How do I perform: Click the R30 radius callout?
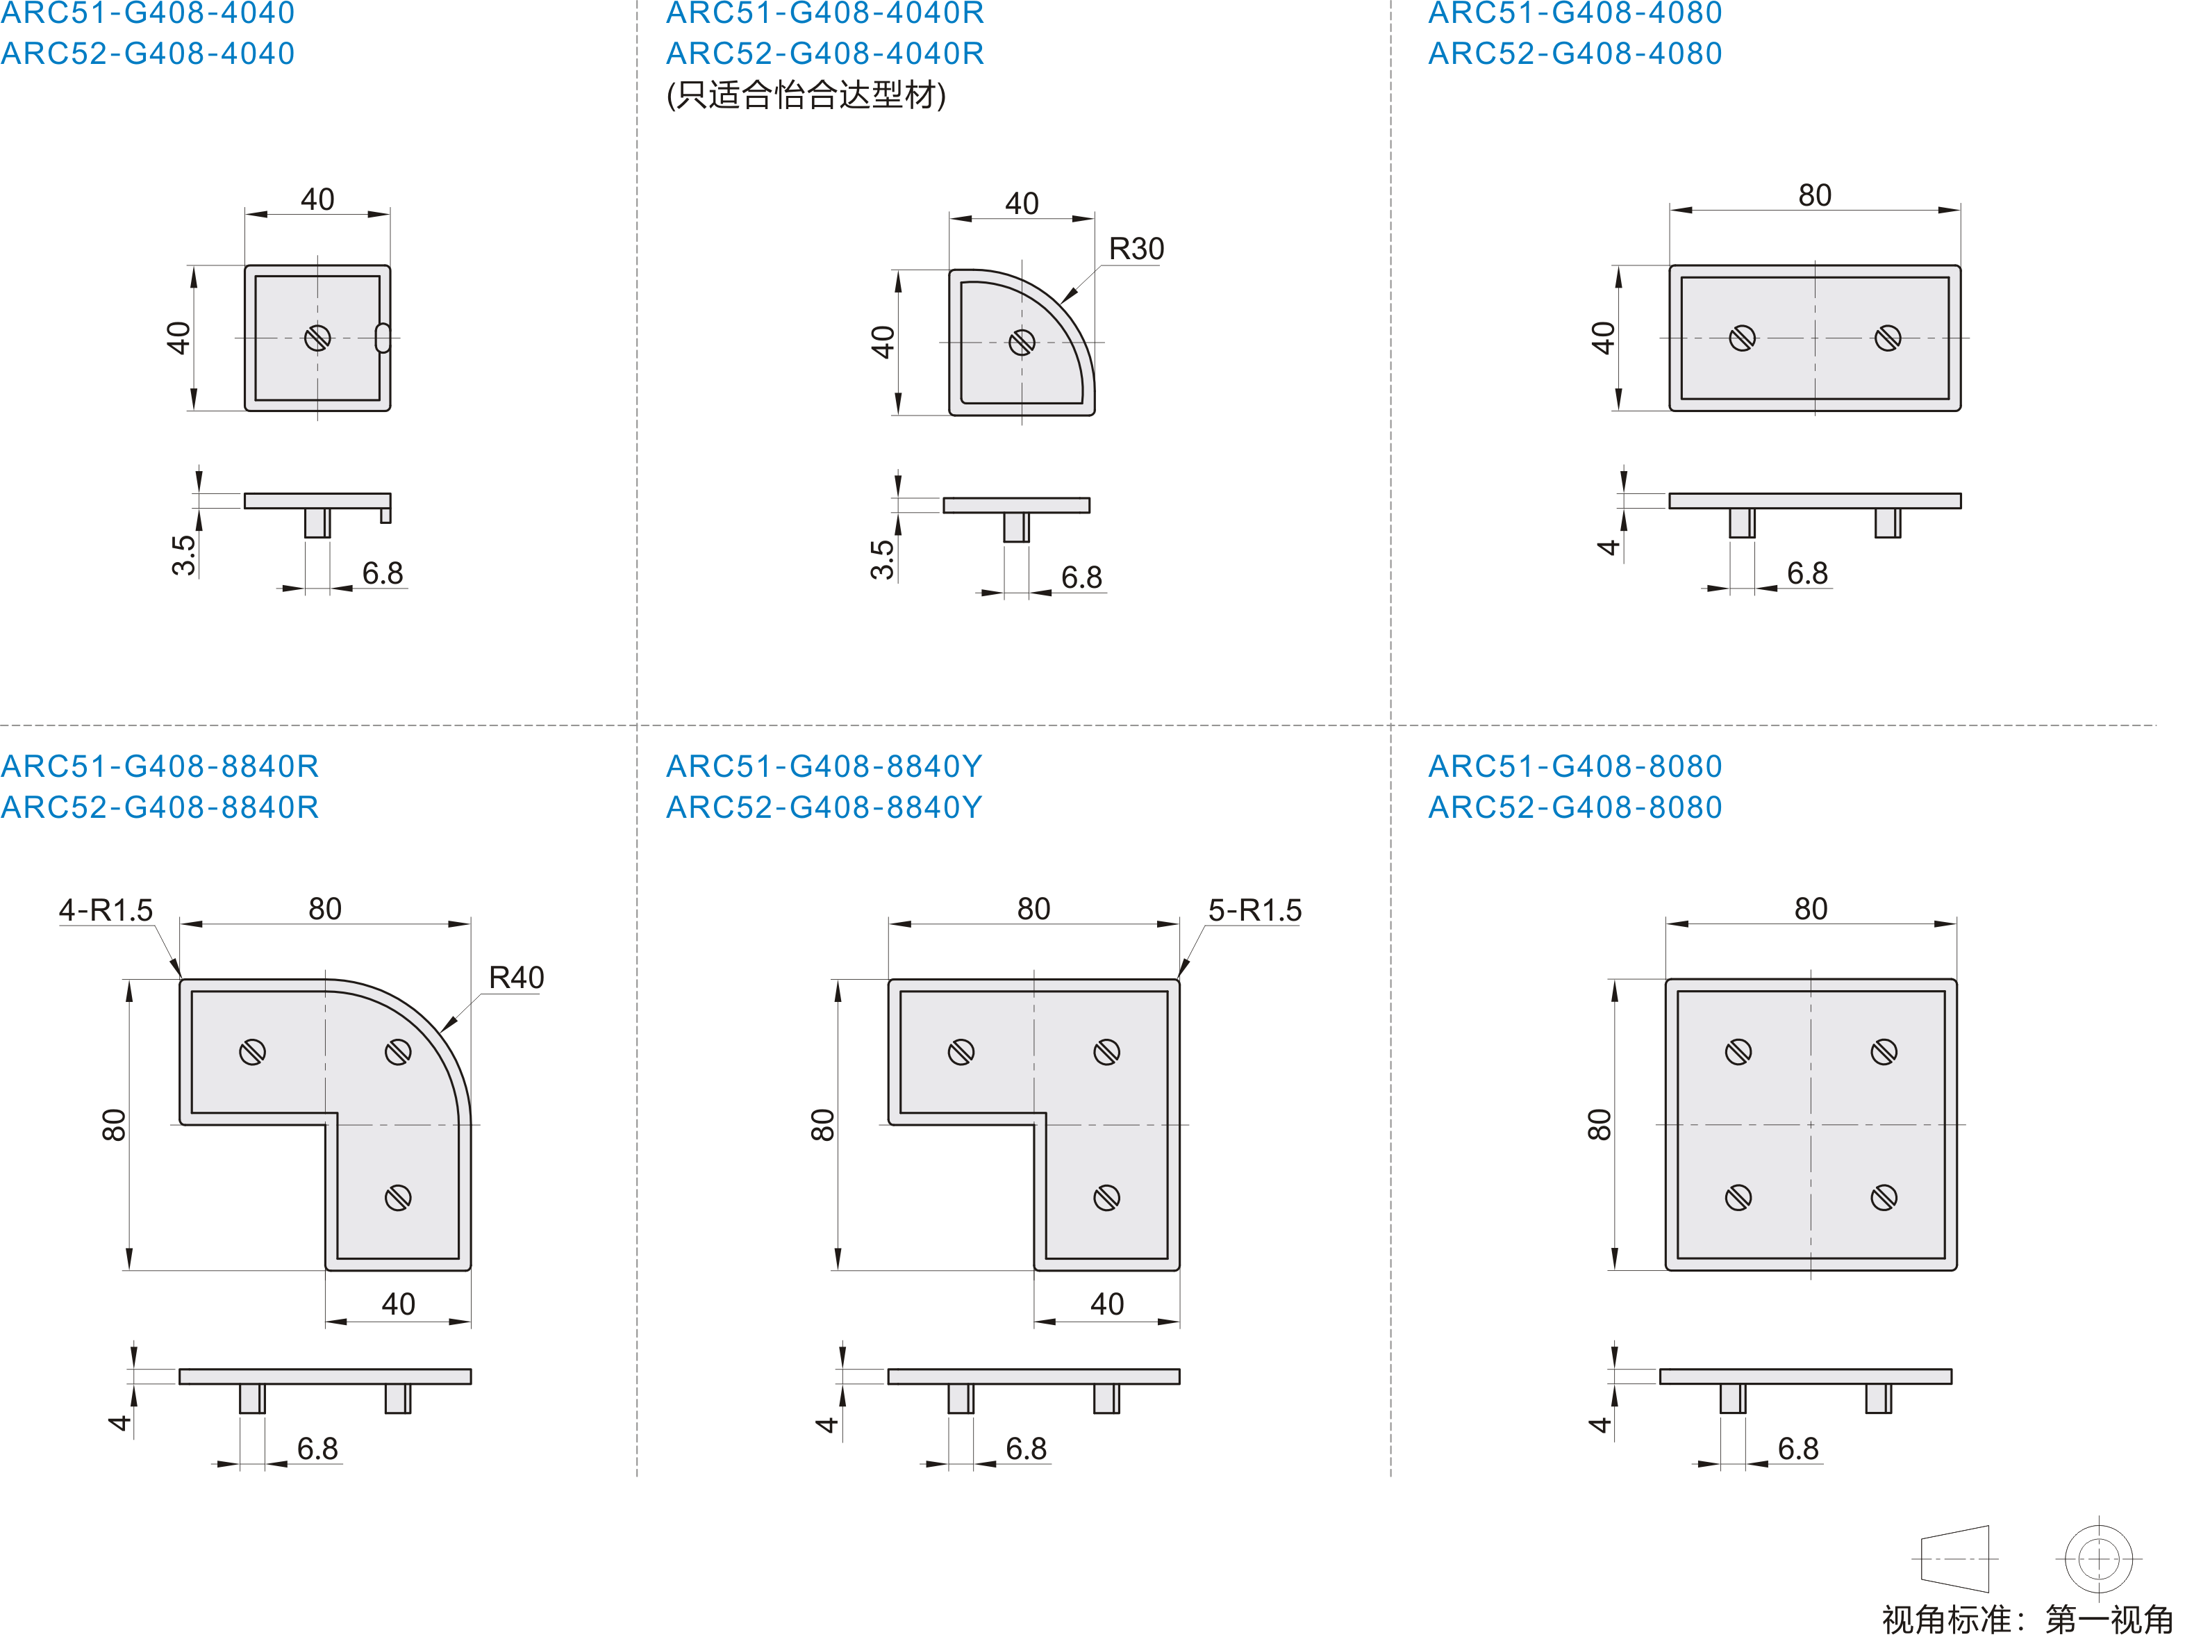tap(1136, 249)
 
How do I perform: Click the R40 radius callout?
tap(515, 978)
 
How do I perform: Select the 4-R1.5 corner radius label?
tap(106, 910)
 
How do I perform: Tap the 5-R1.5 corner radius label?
tap(1254, 910)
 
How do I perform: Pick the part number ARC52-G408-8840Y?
tap(824, 807)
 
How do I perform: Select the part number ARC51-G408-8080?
tap(1575, 766)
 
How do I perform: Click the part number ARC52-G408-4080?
tap(1575, 54)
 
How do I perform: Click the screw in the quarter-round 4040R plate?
tap(1022, 343)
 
